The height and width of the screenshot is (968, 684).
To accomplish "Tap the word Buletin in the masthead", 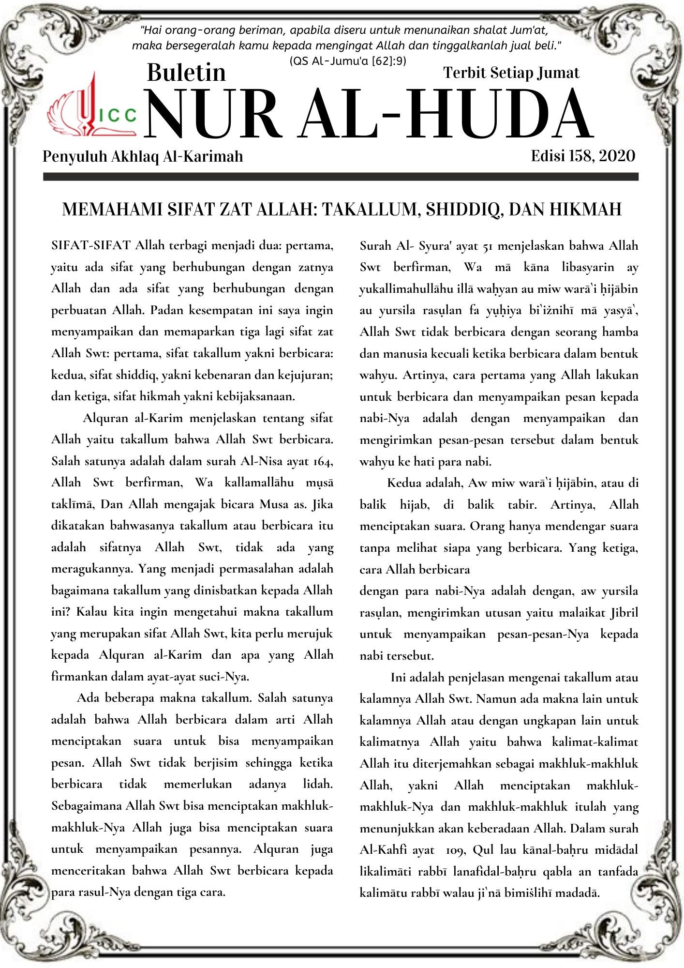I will tap(186, 73).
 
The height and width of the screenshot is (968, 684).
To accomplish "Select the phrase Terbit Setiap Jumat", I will tap(511, 73).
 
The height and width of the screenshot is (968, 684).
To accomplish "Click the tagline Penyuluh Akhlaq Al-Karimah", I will tap(143, 156).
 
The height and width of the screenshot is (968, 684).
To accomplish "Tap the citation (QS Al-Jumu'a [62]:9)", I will tap(347, 61).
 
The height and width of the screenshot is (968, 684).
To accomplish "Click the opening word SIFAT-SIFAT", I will tap(91, 245).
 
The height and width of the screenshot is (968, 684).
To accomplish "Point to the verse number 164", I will tap(322, 461).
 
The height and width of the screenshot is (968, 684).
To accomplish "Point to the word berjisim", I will tap(216, 763).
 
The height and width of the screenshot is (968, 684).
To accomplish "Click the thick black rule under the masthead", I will tap(341, 177).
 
